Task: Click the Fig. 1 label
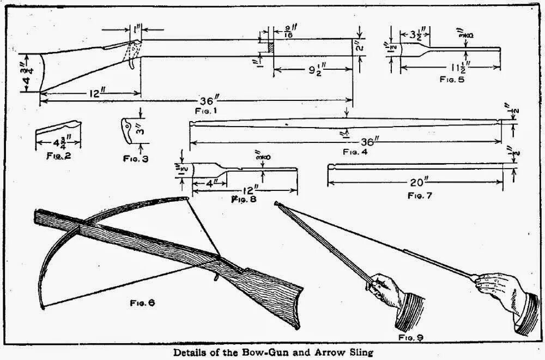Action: click(207, 111)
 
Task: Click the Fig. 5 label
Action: click(452, 79)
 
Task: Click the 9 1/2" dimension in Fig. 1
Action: click(310, 70)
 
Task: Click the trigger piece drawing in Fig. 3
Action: click(126, 131)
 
